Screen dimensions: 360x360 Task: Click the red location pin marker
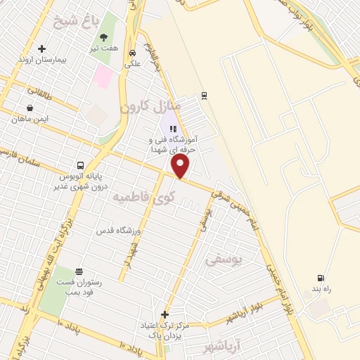click(181, 166)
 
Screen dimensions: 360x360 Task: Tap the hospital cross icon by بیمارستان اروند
click(42, 49)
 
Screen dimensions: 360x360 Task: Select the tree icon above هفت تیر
click(104, 37)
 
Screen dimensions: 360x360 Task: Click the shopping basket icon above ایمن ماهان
click(30, 108)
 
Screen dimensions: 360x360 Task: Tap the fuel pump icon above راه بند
click(321, 278)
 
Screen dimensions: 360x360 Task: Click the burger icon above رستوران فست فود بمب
click(79, 271)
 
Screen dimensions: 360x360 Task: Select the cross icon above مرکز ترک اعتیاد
click(165, 314)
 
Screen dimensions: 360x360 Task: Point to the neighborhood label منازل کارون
click(150, 107)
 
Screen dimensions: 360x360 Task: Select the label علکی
click(133, 64)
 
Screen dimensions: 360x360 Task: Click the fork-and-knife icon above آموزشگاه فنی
click(173, 129)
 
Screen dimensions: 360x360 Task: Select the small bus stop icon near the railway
click(204, 95)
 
